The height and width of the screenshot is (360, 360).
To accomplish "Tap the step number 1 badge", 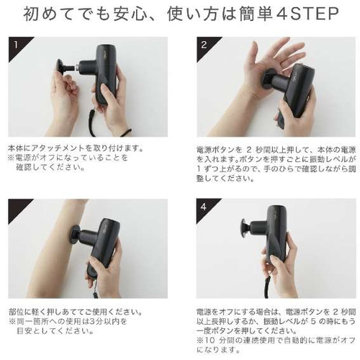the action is [x=16, y=45].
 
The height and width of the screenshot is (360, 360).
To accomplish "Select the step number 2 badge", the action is [x=204, y=45].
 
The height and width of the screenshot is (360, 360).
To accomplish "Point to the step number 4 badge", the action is [x=204, y=207].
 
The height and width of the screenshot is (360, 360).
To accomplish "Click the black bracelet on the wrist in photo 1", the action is [x=126, y=132].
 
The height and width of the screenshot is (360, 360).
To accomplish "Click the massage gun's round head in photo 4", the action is [x=246, y=228].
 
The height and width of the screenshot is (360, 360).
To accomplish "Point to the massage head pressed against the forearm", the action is [x=76, y=235].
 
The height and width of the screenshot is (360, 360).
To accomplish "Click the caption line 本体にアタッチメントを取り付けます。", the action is [x=76, y=148].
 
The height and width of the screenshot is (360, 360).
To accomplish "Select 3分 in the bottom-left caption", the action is [x=94, y=322].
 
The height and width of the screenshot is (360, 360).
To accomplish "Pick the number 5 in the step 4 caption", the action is [x=312, y=321].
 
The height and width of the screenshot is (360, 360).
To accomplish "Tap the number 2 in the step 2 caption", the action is [x=248, y=150].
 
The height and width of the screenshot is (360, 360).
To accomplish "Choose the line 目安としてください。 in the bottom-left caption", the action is [x=55, y=331].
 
